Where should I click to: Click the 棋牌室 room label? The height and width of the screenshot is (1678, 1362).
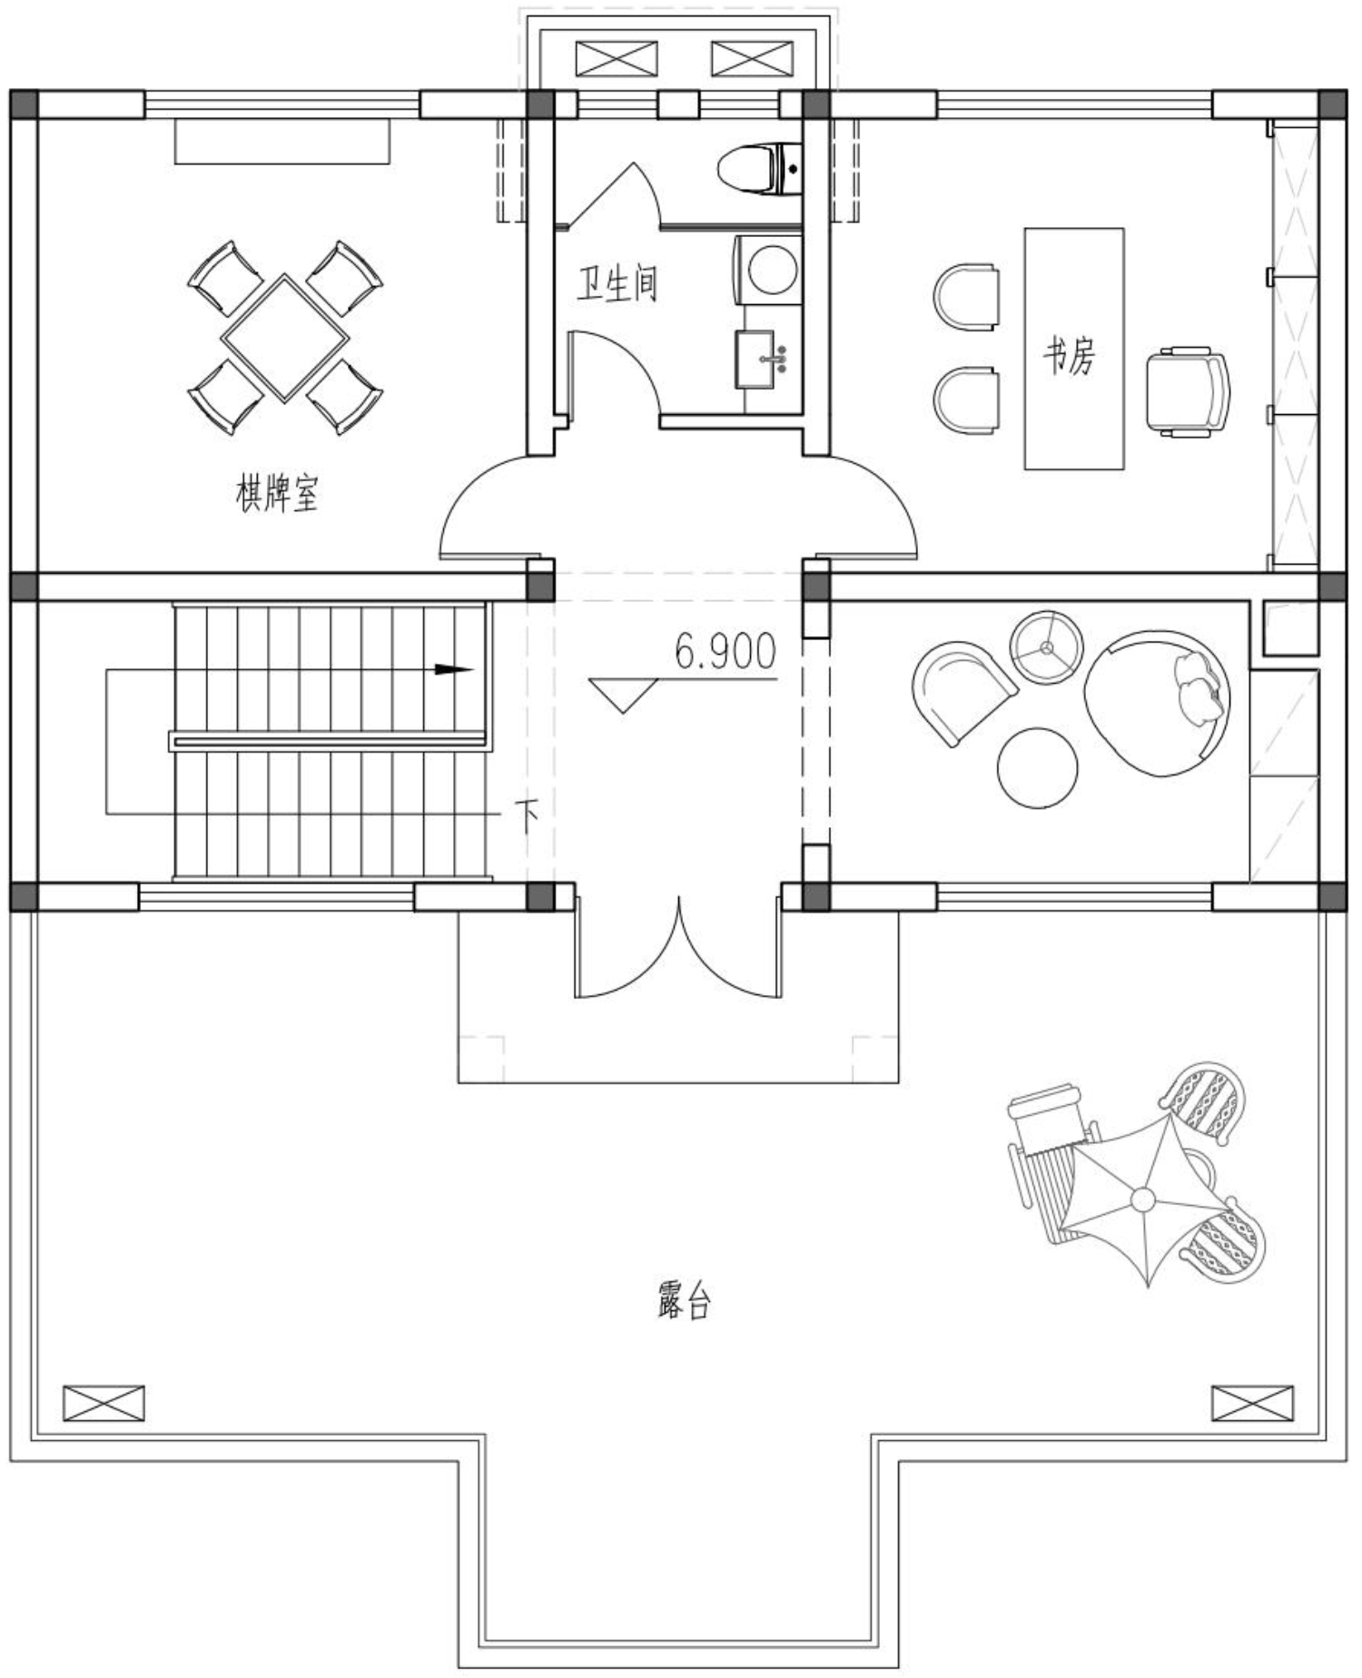click(x=278, y=495)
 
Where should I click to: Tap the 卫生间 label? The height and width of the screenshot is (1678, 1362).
click(x=617, y=284)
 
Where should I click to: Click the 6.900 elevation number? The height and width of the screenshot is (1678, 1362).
click(x=725, y=651)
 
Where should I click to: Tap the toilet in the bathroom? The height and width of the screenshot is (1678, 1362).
click(x=759, y=167)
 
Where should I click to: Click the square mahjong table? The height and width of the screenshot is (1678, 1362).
click(x=285, y=338)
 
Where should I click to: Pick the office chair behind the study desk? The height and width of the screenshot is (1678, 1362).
click(x=1188, y=390)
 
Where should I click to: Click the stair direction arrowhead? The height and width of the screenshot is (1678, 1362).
click(x=455, y=670)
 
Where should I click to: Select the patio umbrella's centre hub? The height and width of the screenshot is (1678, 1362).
click(x=1143, y=1200)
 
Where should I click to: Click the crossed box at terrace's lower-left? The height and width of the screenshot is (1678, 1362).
click(x=104, y=1403)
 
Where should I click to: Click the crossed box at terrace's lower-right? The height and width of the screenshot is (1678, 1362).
click(x=1252, y=1403)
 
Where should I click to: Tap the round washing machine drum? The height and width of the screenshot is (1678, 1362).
click(x=772, y=269)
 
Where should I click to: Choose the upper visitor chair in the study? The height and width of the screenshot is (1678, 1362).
click(x=966, y=296)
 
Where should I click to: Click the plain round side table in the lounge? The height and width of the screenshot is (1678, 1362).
click(x=1037, y=767)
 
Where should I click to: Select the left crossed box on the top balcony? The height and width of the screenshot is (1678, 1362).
click(x=617, y=59)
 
